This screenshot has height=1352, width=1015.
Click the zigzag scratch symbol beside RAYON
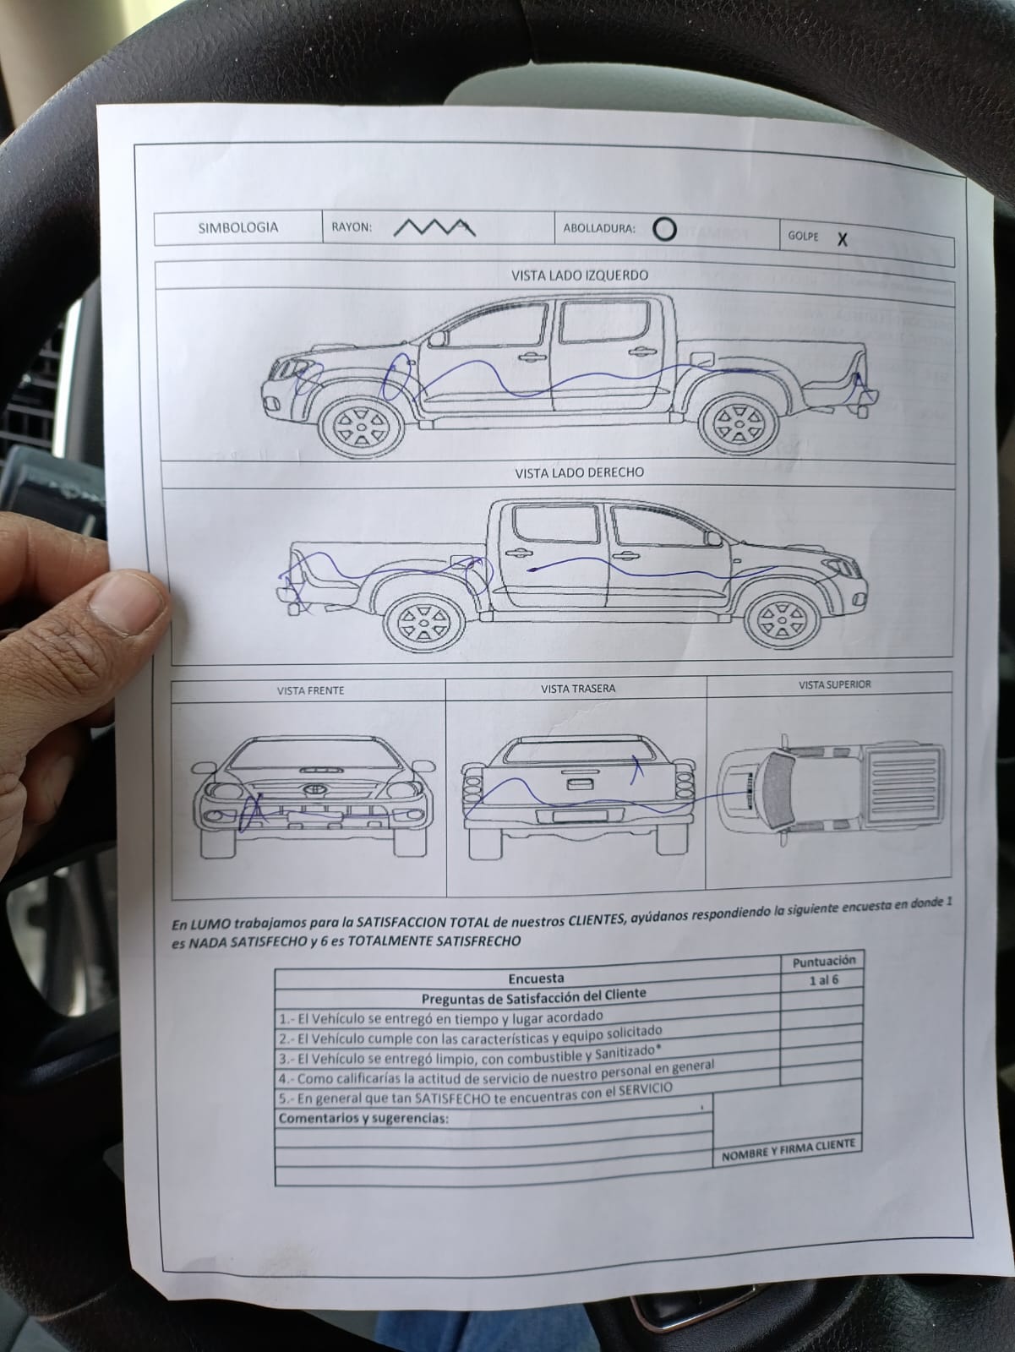[x=434, y=227]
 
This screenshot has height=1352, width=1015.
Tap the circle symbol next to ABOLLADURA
[x=664, y=229]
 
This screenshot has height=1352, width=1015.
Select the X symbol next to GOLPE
[x=842, y=239]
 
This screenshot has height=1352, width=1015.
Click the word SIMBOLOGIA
[x=238, y=227]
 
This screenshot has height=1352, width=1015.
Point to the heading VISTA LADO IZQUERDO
[x=580, y=275]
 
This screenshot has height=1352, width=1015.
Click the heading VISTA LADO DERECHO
[x=580, y=472]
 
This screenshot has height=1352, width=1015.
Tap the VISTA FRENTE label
[x=310, y=690]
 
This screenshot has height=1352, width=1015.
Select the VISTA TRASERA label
[x=578, y=688]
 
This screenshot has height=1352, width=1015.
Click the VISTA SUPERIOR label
[x=834, y=684]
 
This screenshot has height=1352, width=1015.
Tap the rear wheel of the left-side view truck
[x=739, y=424]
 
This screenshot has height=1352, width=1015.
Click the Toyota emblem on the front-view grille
[x=313, y=789]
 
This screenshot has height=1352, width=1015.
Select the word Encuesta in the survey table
[x=536, y=978]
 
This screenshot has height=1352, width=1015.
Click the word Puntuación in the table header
[x=824, y=961]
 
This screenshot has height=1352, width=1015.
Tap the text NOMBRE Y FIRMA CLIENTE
[x=789, y=1150]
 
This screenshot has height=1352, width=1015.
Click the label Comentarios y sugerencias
[x=363, y=1118]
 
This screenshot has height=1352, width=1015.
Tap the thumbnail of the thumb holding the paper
[x=124, y=603]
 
